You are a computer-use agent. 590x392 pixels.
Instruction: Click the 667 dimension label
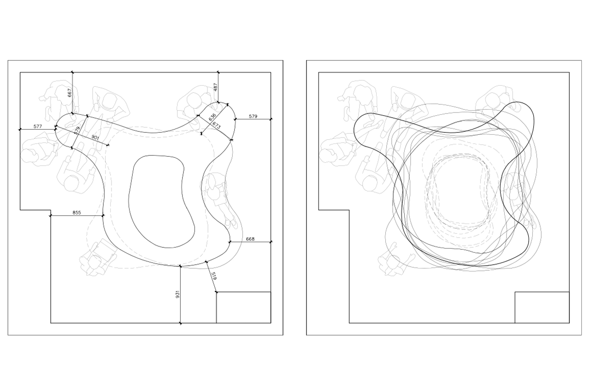coord(70,93)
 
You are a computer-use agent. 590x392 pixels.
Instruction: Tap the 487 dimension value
coord(216,87)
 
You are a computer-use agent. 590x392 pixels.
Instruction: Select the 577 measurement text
coord(38,126)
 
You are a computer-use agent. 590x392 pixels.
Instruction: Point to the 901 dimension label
coord(95,137)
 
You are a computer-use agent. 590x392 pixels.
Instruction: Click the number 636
coord(212,117)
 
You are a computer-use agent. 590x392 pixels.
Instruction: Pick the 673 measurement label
coord(216,125)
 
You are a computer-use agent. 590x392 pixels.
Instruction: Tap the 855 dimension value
coord(77,213)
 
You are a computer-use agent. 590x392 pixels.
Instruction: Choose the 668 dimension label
coord(250,239)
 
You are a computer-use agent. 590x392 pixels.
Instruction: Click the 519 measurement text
coord(214,276)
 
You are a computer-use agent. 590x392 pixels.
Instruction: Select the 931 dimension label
coord(177,294)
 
